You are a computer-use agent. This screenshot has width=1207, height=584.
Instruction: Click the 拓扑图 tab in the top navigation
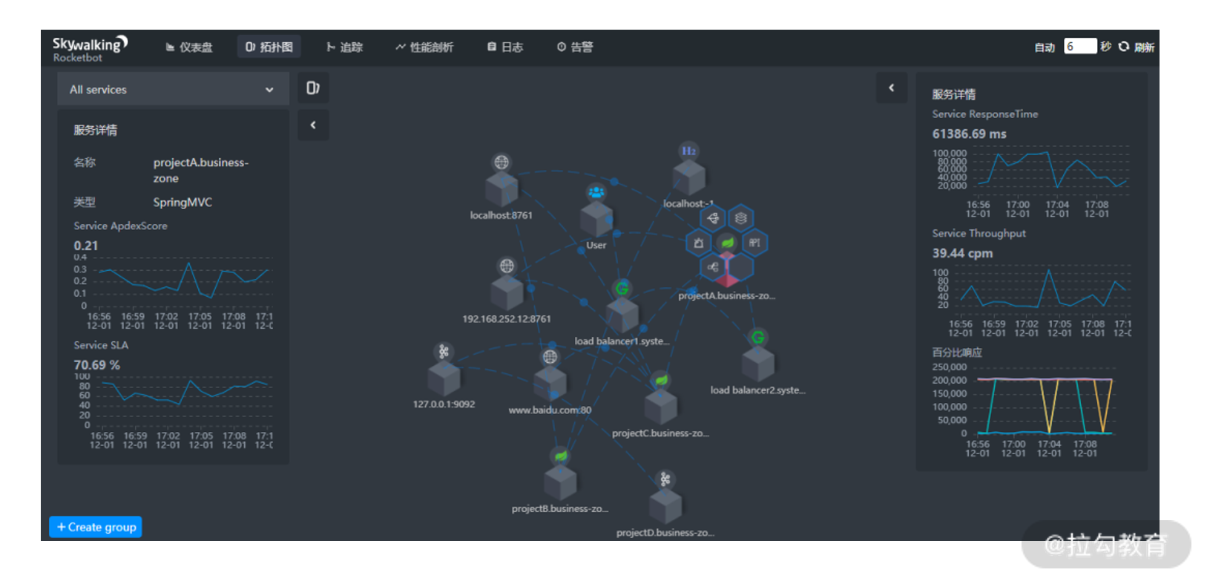[x=269, y=47]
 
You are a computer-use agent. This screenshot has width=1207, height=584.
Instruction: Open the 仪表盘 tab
[x=189, y=47]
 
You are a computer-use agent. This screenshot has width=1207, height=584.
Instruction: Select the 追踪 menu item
[x=345, y=47]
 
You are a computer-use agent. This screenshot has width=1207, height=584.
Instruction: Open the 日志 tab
[x=505, y=47]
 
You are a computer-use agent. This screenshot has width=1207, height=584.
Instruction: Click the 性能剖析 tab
[x=424, y=47]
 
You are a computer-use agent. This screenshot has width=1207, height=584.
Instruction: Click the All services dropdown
[x=172, y=90]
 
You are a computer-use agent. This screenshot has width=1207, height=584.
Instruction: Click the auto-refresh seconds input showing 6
[x=1079, y=46]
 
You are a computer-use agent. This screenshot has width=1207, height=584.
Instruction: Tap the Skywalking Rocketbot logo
[x=90, y=48]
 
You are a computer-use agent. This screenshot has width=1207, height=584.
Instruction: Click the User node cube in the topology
[x=596, y=218]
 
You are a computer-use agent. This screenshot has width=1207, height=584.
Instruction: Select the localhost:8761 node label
[x=501, y=215]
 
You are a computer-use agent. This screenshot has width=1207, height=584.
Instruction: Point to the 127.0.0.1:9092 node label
[x=444, y=404]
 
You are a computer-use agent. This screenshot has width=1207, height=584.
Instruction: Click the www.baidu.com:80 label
[x=550, y=410]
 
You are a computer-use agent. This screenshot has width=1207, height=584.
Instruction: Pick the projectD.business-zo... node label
[x=665, y=533]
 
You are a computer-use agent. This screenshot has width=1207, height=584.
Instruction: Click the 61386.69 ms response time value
[x=969, y=134]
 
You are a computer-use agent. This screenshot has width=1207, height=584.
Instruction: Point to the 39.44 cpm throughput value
[x=962, y=253]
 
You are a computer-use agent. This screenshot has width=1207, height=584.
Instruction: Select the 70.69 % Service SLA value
[x=96, y=365]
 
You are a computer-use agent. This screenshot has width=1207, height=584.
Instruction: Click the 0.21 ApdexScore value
[x=86, y=246]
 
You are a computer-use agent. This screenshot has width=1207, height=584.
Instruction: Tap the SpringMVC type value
[x=182, y=202]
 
